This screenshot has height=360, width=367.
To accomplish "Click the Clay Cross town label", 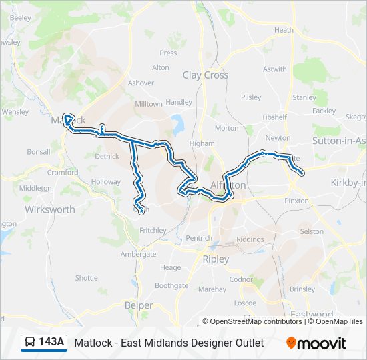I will [206, 75].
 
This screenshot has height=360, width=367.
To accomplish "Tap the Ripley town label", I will [216, 259].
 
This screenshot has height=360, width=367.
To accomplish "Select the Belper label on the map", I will [139, 305].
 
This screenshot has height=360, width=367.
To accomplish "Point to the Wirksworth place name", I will [50, 209].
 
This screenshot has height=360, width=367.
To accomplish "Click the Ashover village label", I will [141, 83].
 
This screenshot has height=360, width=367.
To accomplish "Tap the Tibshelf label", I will [274, 117].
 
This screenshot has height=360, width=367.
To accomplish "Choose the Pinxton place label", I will [296, 201].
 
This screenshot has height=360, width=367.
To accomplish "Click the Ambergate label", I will [138, 254].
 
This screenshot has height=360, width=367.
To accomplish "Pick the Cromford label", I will [62, 172].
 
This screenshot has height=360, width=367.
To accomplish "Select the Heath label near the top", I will [284, 30].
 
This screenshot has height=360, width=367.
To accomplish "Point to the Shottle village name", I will [86, 278].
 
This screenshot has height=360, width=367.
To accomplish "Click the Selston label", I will [312, 231].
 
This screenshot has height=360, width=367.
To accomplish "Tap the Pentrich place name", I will [199, 238].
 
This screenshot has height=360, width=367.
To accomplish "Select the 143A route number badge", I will [51, 343].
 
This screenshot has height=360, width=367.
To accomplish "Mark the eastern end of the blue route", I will [302, 173].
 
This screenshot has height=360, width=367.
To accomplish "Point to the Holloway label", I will [106, 182].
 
